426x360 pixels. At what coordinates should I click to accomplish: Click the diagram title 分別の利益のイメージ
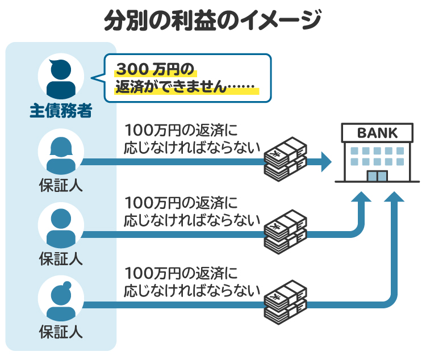212,21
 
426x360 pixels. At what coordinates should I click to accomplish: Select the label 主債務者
61,110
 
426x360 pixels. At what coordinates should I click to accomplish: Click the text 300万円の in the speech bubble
155,69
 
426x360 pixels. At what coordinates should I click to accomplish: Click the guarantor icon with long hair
61,155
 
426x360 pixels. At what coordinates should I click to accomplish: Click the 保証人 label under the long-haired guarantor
61,186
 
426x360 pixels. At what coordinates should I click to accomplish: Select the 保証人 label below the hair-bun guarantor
61,331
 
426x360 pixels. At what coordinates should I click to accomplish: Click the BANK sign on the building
377,133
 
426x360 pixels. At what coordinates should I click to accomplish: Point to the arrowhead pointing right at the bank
325,162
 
